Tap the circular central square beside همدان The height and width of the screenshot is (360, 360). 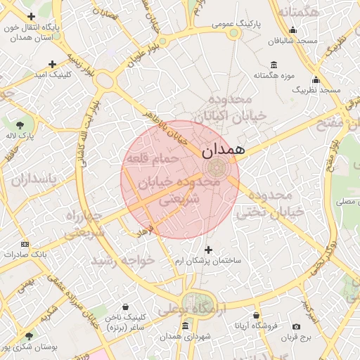pos(217,168)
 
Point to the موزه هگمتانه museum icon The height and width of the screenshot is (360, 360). pos(274,65)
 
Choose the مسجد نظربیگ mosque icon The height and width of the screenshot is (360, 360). pos(316,79)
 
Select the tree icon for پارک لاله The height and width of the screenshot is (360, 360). pos(29,123)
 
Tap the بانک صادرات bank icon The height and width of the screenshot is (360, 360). pos(26,244)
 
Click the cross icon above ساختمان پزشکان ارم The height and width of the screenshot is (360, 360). pos(207,250)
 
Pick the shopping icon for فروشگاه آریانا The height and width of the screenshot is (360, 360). pos(256,315)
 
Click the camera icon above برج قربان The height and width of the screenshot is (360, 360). pos(296,327)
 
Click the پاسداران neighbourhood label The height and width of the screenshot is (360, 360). pos(33,179)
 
